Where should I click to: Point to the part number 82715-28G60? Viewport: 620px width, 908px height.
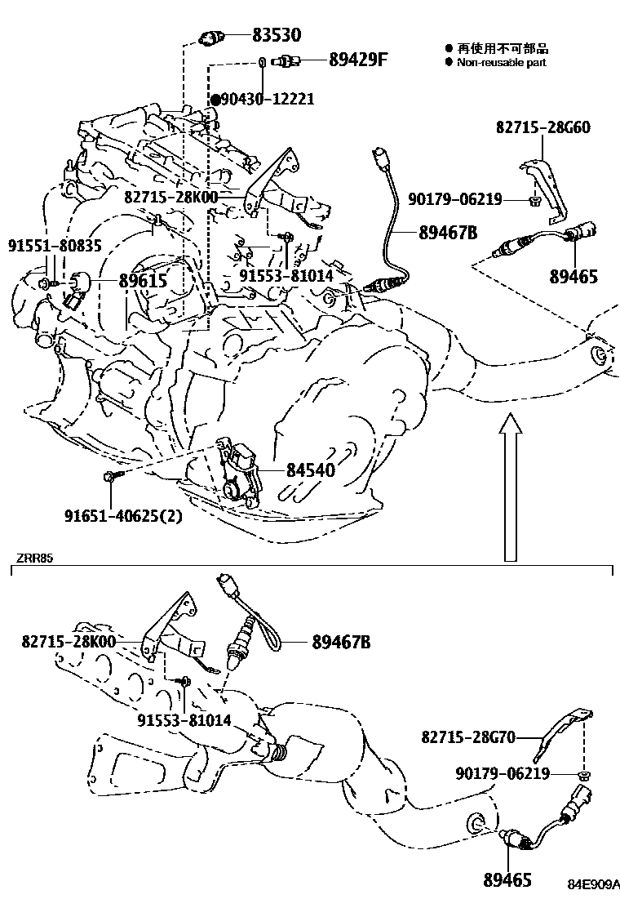click(x=543, y=127)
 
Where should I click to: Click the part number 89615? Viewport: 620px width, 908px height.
click(x=143, y=281)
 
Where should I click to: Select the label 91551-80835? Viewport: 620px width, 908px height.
click(x=55, y=244)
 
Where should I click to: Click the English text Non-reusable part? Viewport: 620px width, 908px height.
click(x=501, y=62)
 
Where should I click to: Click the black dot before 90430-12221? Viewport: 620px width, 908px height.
click(x=215, y=100)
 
